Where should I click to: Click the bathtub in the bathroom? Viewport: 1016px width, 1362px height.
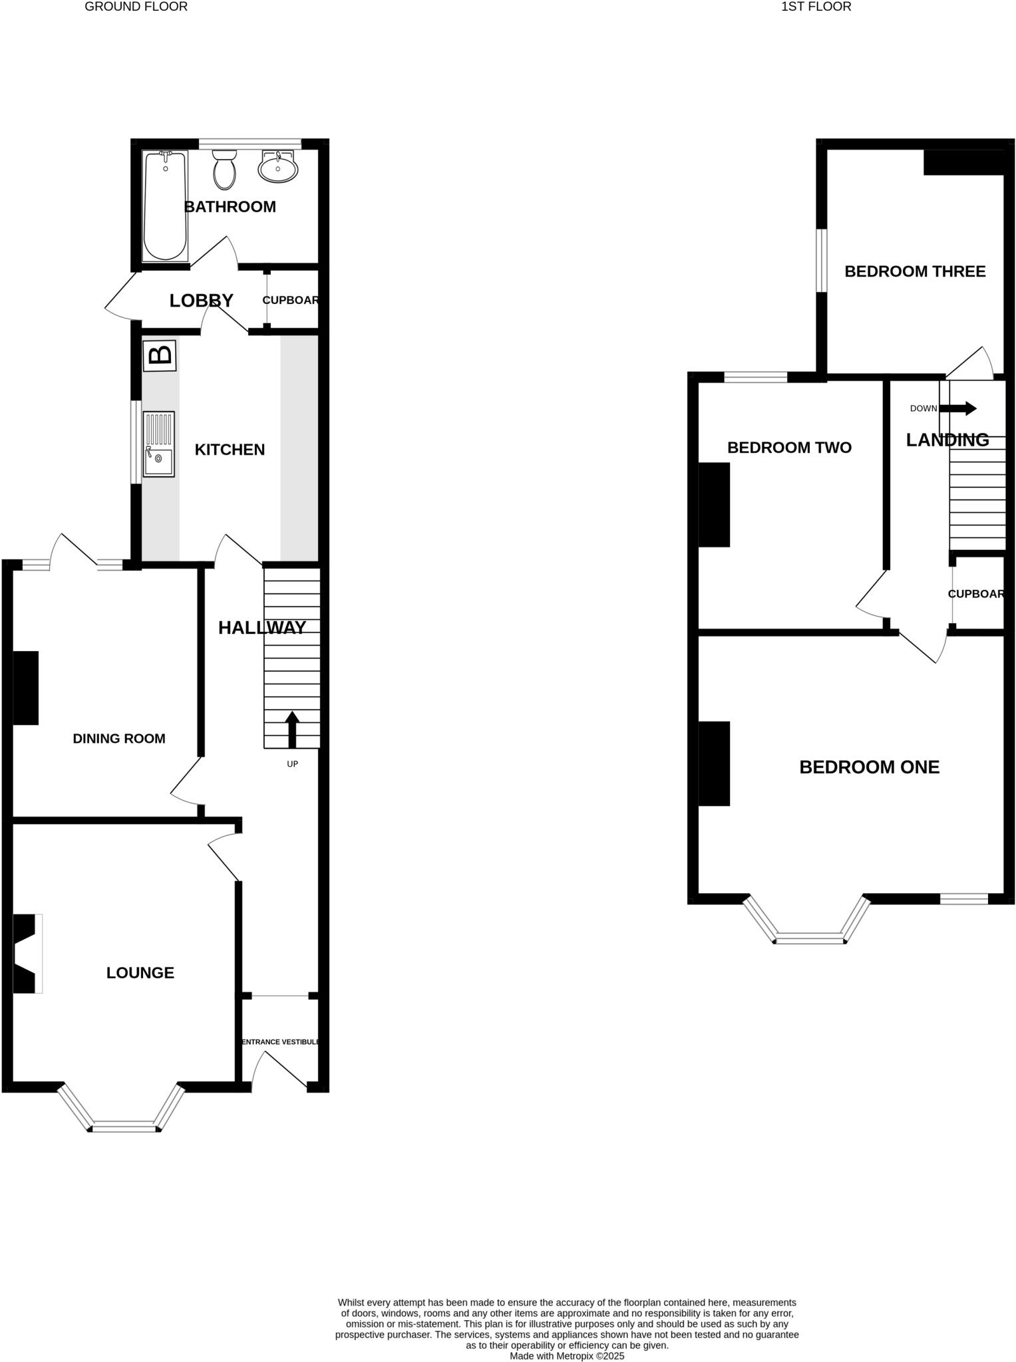[x=165, y=205]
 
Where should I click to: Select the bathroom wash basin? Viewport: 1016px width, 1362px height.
[x=278, y=167]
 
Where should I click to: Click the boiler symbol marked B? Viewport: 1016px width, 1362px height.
[x=160, y=355]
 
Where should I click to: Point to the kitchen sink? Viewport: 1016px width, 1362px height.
[x=158, y=444]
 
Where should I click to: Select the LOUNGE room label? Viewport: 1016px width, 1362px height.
[x=140, y=972]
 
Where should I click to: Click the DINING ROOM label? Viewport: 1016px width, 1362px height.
[x=119, y=738]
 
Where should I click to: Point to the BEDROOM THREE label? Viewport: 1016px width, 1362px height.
[x=915, y=271]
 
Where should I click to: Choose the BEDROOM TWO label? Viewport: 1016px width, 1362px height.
[x=789, y=448]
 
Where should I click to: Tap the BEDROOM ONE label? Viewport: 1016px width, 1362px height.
[x=869, y=767]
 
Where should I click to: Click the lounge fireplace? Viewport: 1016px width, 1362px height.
[x=25, y=953]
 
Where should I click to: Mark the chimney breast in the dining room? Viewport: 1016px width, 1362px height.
[x=26, y=687]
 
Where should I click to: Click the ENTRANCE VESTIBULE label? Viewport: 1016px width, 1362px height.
[x=280, y=1041]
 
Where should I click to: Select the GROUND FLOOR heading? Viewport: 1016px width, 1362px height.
[x=136, y=7]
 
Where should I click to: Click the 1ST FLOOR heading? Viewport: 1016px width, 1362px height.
[x=816, y=7]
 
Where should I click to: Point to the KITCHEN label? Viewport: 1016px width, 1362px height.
[x=230, y=450]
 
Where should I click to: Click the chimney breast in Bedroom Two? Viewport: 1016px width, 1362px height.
[x=714, y=504]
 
